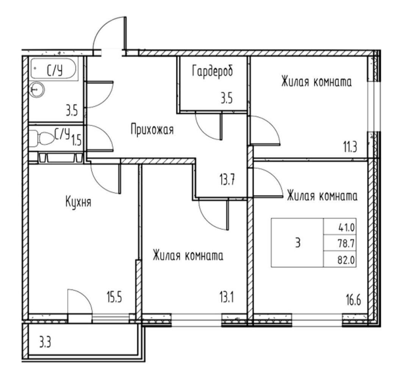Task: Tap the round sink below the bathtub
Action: coord(36,89)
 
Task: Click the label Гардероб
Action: coord(212,71)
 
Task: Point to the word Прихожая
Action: coord(152,130)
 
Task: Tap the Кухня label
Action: coord(78,202)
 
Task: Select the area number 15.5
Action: coord(114,298)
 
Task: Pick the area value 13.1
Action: coord(226,298)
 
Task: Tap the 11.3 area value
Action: coord(350,147)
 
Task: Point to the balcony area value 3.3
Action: coord(45,343)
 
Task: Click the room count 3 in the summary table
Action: coord(298,242)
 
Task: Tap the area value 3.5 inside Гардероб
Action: coord(227,99)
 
